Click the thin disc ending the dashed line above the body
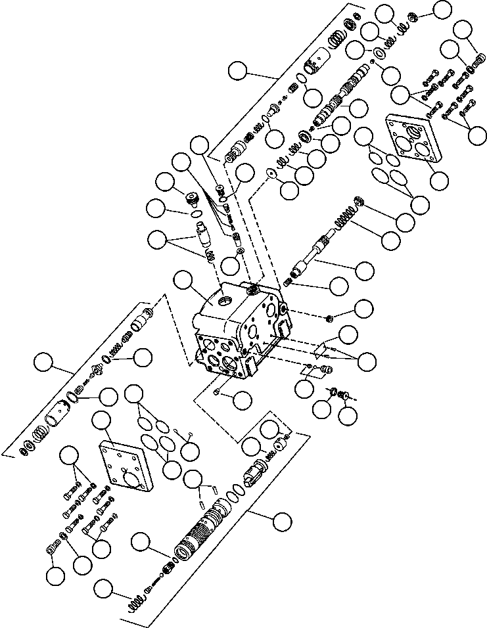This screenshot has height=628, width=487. (x=270, y=174)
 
